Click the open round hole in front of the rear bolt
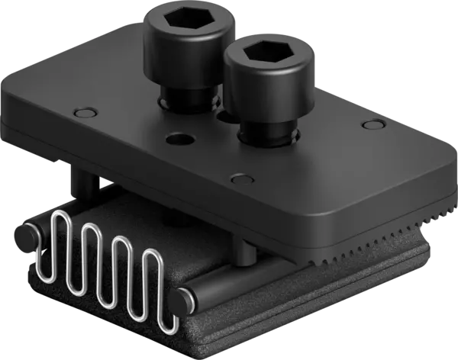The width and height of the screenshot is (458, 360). pyautogui.click(x=178, y=140)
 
